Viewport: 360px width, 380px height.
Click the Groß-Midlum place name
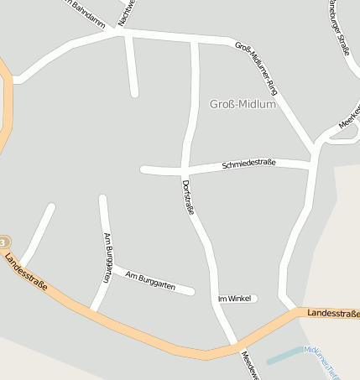(x=241, y=104)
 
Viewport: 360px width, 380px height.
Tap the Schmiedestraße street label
(x=249, y=165)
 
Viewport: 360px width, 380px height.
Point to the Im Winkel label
(x=234, y=299)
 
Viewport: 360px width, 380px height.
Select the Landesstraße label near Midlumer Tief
(x=332, y=313)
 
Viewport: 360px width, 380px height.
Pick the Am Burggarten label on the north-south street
(x=107, y=257)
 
